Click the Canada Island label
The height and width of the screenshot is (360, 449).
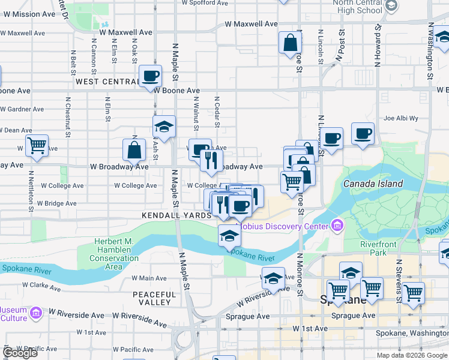pyautogui.click(x=373, y=184)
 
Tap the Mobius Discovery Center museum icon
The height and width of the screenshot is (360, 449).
pyautogui.click(x=337, y=226)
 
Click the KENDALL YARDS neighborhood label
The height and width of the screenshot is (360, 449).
pyautogui.click(x=176, y=215)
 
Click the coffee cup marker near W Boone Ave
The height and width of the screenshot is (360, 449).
pyautogui.click(x=150, y=76)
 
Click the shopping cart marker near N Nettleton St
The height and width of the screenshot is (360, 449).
pyautogui.click(x=37, y=145)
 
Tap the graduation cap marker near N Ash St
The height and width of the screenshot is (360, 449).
pyautogui.click(x=164, y=127)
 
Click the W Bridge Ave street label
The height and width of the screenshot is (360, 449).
pyautogui.click(x=57, y=203)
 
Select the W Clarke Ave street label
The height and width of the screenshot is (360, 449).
pyautogui.click(x=43, y=287)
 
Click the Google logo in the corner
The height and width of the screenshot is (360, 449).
pyautogui.click(x=20, y=353)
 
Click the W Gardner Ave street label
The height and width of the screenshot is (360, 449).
pyautogui.click(x=22, y=109)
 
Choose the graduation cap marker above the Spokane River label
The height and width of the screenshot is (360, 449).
pyautogui.click(x=229, y=237)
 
